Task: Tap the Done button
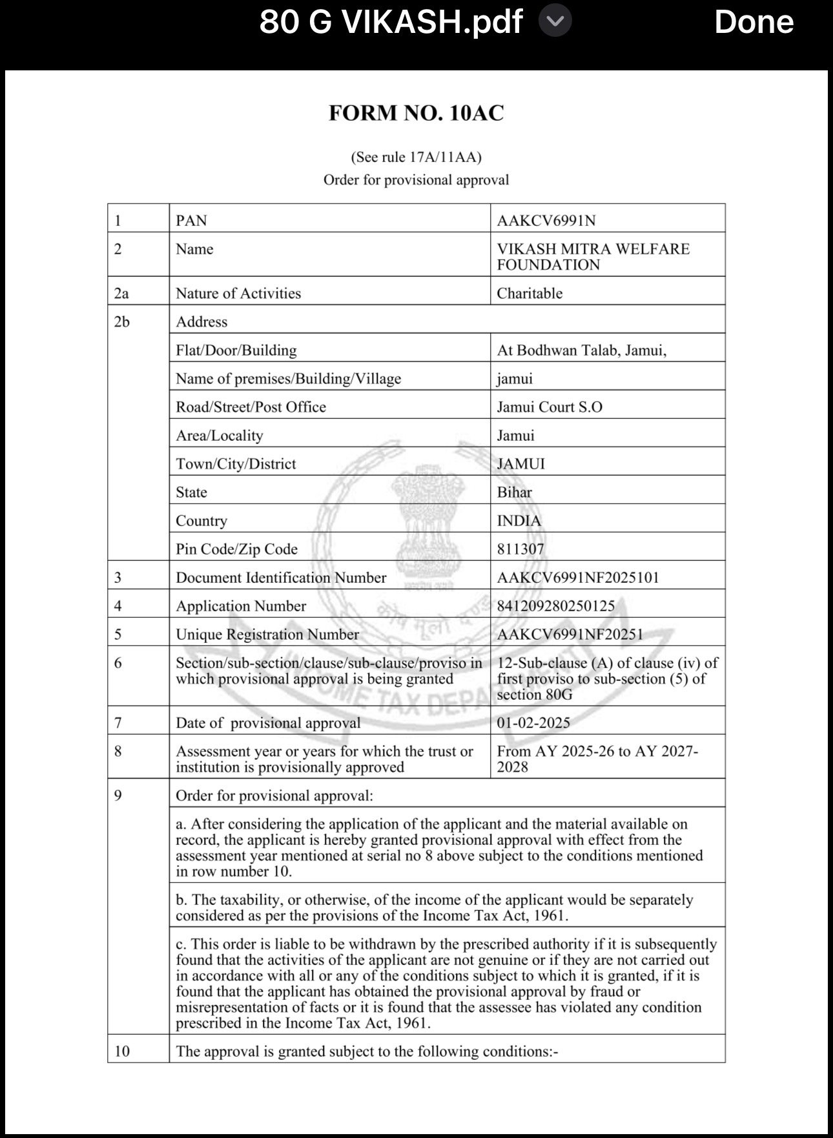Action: tap(753, 23)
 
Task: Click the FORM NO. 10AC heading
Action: tap(416, 114)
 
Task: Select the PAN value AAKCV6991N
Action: tap(546, 221)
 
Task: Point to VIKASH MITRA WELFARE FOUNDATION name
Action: tap(593, 257)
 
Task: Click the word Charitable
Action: tap(530, 294)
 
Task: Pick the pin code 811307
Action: tap(520, 549)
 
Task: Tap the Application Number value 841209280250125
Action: tap(555, 606)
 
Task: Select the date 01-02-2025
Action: tap(533, 723)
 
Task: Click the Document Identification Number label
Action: tap(281, 578)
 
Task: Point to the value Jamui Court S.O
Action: tap(550, 407)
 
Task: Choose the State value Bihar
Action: tap(515, 493)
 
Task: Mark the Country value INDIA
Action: tap(519, 521)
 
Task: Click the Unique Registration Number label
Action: tap(267, 635)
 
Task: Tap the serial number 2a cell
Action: tap(121, 294)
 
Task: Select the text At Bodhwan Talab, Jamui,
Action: tap(581, 351)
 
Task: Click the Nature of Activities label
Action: tap(238, 294)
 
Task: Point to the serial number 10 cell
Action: tap(122, 1052)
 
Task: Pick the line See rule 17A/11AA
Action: tap(416, 157)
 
